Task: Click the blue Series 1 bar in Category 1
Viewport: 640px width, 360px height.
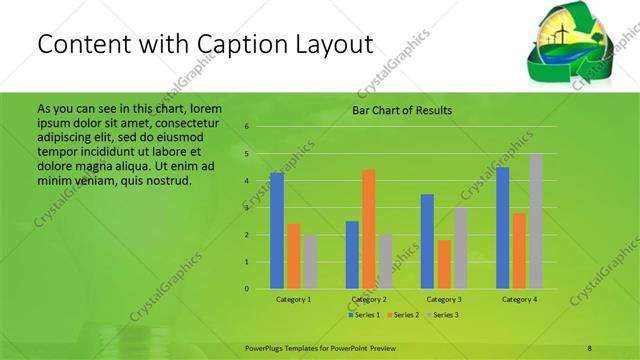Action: click(277, 231)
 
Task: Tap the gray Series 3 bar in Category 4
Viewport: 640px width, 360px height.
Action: click(536, 221)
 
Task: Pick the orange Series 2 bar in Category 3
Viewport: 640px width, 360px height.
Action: click(444, 264)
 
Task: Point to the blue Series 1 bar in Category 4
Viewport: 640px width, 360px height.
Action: click(502, 228)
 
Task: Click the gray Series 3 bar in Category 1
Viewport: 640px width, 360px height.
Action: click(311, 262)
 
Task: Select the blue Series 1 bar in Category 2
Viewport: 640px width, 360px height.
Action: click(352, 255)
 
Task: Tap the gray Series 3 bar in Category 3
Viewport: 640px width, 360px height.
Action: click(461, 248)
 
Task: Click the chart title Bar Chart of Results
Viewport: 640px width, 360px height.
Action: click(402, 110)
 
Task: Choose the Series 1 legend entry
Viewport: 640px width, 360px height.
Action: click(363, 315)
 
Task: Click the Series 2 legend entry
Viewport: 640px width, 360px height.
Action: click(402, 315)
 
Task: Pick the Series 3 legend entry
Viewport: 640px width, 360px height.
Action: click(442, 315)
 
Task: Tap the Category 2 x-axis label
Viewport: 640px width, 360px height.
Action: click(369, 299)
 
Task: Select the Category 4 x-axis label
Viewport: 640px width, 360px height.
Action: click(519, 299)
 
